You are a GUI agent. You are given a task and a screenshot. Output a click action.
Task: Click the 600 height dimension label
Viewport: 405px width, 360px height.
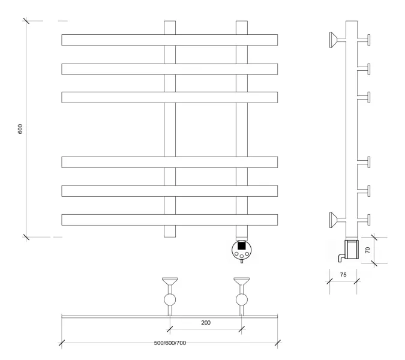coord(20,129)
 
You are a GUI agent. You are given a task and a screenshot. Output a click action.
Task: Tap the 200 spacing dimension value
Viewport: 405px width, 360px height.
coord(206,323)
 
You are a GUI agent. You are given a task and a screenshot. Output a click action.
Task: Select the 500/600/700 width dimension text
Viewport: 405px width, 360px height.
coord(170,343)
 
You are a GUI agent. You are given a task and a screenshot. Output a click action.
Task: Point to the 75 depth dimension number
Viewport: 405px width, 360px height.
coord(343,275)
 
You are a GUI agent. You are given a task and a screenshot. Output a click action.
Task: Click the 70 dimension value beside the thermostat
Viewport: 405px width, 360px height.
coord(368,250)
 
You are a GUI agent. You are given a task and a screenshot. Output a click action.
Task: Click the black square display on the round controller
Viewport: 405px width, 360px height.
coord(242,245)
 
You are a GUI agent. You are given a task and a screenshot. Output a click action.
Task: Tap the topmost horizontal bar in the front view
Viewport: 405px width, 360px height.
coord(169,40)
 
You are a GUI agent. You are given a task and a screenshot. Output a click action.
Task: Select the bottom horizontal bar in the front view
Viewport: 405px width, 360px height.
coord(169,220)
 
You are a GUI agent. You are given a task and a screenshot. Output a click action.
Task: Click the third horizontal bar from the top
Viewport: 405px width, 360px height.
coord(169,97)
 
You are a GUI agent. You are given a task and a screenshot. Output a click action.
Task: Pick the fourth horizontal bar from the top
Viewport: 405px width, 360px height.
coord(169,162)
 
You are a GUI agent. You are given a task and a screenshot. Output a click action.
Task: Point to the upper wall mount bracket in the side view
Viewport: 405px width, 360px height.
coord(338,40)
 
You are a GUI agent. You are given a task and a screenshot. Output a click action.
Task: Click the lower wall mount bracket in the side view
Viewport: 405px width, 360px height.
coord(338,220)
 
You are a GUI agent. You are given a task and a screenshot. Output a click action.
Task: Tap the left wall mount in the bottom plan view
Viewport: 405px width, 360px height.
coord(170,296)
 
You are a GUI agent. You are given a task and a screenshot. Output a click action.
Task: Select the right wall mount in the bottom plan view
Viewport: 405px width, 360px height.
coord(242,296)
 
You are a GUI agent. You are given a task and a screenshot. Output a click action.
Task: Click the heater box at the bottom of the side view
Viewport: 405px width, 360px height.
coord(352,250)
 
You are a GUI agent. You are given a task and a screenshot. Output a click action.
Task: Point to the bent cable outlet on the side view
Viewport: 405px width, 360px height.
coord(341,258)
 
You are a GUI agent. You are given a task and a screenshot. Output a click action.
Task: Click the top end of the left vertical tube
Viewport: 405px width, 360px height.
coord(170,21)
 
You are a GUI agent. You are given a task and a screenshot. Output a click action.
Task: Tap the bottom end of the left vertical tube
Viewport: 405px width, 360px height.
coord(170,237)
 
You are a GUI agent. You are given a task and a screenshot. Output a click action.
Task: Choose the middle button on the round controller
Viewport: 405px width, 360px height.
coord(242,256)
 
